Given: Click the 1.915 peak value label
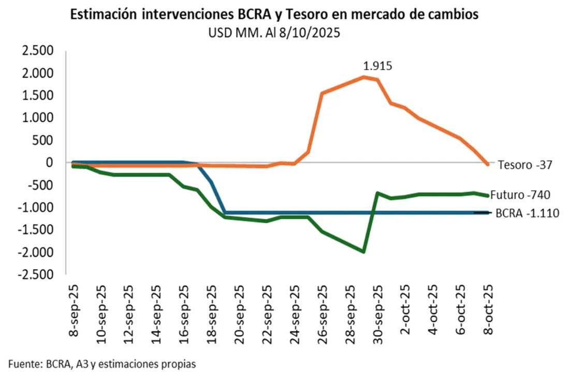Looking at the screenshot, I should [377, 66].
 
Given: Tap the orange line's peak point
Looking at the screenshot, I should [364, 77].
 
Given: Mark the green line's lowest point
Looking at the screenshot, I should [364, 252].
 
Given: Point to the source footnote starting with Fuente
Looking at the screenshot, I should [102, 364].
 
